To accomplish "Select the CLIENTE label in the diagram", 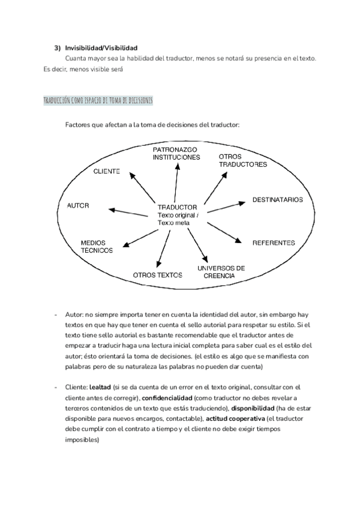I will [107, 171].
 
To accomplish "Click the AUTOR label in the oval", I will [79, 205].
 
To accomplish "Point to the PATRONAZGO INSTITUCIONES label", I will [176, 153].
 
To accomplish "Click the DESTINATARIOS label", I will [277, 199].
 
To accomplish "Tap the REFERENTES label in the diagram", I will [274, 243].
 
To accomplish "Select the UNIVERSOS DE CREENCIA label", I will [221, 271].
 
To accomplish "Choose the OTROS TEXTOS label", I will [157, 275].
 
